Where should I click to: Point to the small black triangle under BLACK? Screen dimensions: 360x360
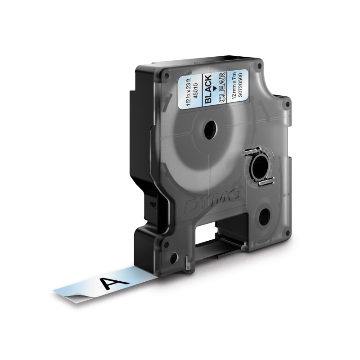point(215,88)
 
